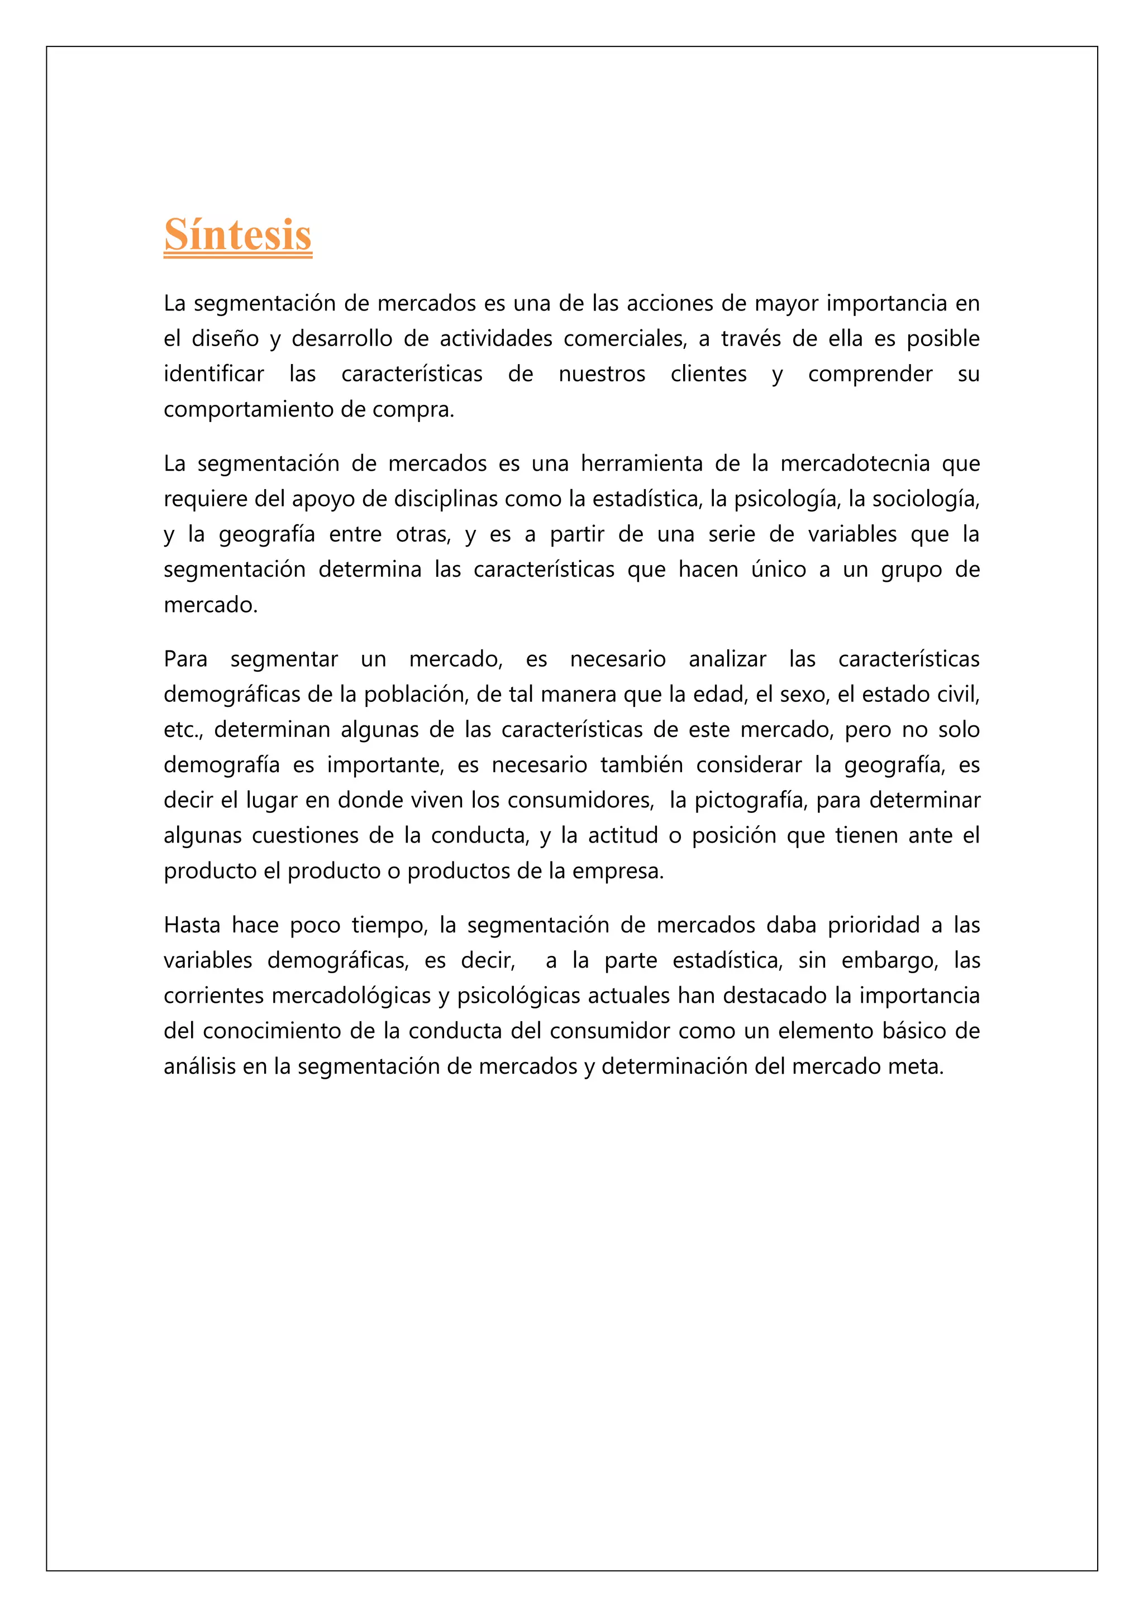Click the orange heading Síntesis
tap(237, 235)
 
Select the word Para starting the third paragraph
tap(185, 659)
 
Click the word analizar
tap(727, 659)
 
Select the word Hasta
tap(192, 925)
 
